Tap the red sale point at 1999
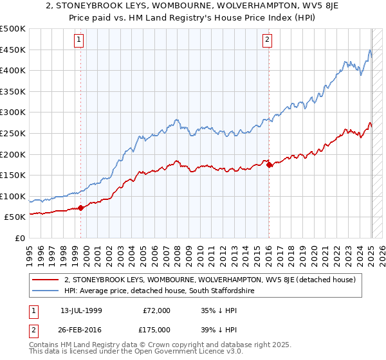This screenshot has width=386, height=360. point(81,208)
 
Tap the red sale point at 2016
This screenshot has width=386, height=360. point(269,165)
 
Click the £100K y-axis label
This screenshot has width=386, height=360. point(13,196)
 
